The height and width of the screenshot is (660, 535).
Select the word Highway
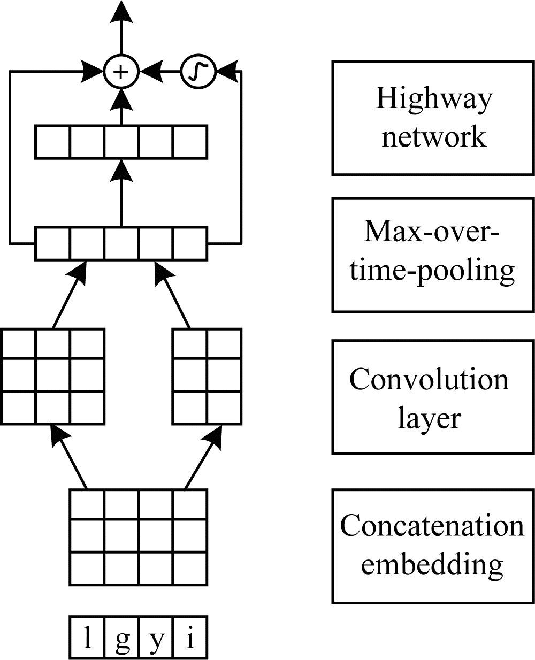click(433, 99)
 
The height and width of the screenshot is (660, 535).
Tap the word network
click(433, 136)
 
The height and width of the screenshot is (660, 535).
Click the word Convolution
click(429, 379)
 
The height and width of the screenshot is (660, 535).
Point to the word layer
click(429, 417)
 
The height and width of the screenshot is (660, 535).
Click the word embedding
click(432, 564)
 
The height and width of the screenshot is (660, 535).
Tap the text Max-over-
click(432, 232)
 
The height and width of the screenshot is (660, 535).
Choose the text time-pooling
click(432, 270)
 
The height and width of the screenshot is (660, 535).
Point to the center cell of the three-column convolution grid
click(53, 377)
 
